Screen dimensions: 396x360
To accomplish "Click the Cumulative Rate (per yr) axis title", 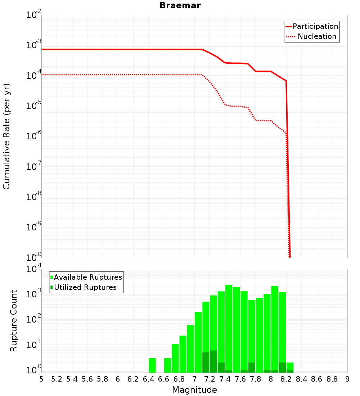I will pyautogui.click(x=6, y=136).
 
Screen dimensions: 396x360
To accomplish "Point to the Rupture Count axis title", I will pyautogui.click(x=14, y=321).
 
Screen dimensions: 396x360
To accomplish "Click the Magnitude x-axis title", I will pyautogui.click(x=194, y=390).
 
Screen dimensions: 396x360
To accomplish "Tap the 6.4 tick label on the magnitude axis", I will pyautogui.click(x=148, y=379).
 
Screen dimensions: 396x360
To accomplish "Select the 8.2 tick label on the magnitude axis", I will pyautogui.click(x=286, y=379).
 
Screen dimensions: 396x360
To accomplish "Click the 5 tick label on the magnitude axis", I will pyautogui.click(x=41, y=379).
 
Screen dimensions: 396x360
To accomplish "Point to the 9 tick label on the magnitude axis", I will pyautogui.click(x=347, y=379).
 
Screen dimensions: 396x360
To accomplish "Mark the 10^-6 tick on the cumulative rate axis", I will pyautogui.click(x=34, y=136).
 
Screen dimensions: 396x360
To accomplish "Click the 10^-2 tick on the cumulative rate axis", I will pyautogui.click(x=34, y=15).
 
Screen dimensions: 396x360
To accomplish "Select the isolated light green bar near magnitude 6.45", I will pyautogui.click(x=152, y=365).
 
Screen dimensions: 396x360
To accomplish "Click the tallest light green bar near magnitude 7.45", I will pyautogui.click(x=229, y=328).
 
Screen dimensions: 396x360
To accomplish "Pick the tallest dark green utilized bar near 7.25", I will pyautogui.click(x=213, y=361).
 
